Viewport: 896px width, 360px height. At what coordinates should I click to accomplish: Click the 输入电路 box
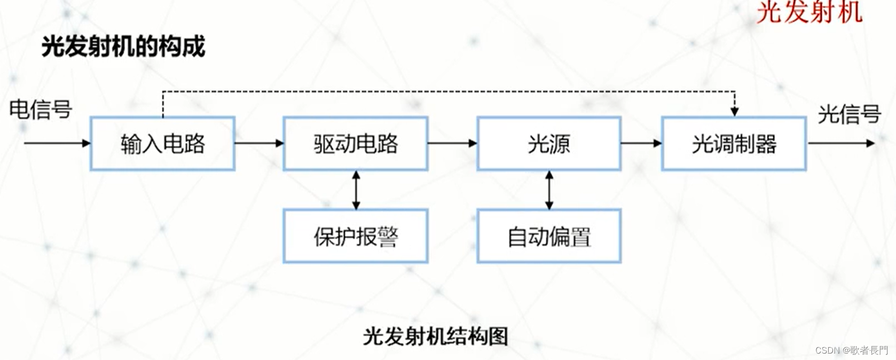point(162,144)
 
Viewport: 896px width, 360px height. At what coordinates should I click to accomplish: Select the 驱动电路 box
point(356,144)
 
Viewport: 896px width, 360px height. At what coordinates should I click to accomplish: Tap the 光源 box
point(549,144)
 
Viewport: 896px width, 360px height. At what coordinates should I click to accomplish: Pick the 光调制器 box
point(734,144)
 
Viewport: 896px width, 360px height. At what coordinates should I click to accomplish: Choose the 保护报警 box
point(356,236)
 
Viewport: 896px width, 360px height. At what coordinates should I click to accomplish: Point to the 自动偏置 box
point(549,236)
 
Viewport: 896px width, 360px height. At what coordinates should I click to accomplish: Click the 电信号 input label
point(41,109)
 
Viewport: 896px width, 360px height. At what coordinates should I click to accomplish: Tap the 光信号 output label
point(849,114)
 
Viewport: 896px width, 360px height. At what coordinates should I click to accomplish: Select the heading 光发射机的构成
point(123,46)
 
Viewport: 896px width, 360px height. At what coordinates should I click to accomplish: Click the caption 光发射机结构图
point(435,336)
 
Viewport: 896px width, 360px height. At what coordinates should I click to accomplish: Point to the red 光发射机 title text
point(809,12)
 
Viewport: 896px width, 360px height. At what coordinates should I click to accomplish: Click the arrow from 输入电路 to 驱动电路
point(259,143)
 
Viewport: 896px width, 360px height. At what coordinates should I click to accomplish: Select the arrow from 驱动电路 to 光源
point(452,143)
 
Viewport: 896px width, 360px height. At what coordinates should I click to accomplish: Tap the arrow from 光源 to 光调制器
point(641,143)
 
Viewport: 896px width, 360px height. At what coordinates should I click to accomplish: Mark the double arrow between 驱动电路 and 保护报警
point(356,190)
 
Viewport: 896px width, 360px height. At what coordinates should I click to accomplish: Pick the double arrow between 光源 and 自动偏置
point(549,190)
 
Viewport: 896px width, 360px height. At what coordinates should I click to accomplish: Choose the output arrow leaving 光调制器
point(841,143)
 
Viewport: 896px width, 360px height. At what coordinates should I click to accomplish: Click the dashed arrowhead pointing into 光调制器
point(735,111)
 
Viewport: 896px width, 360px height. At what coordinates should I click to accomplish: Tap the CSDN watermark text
point(851,350)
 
